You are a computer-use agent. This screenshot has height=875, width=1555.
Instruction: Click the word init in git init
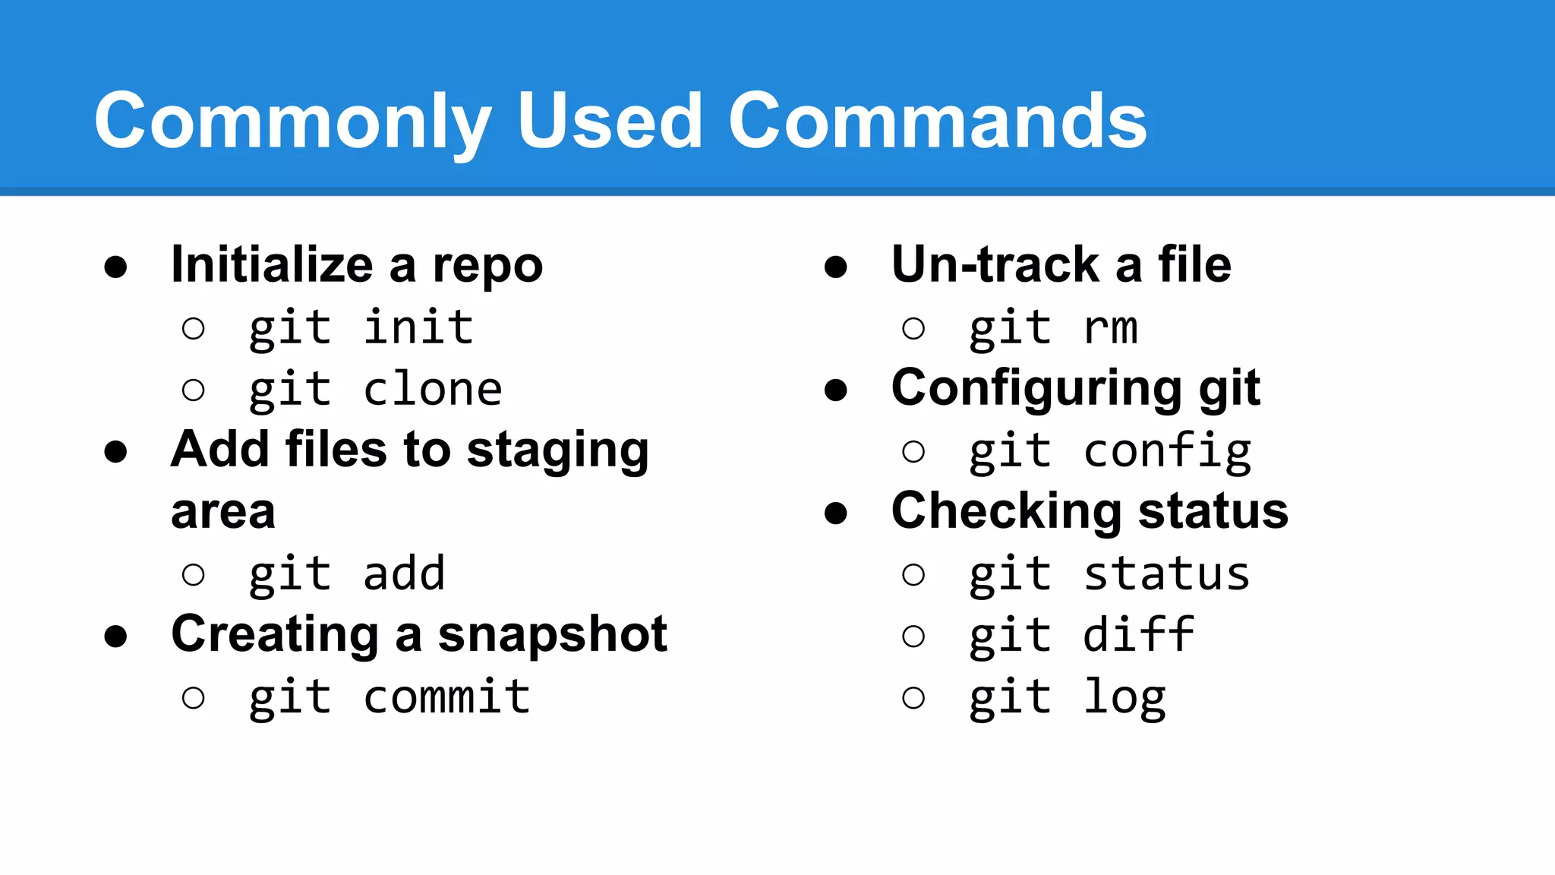coord(418,328)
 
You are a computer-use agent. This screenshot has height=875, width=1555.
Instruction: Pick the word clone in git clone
coord(432,390)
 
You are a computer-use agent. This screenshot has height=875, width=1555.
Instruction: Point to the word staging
coord(557,450)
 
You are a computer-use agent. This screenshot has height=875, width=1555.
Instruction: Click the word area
coord(222,512)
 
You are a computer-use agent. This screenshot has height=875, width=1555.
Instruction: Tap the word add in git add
coord(404,573)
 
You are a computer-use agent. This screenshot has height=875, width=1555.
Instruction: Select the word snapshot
coord(552,634)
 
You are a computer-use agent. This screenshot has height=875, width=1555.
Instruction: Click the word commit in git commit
coord(446,697)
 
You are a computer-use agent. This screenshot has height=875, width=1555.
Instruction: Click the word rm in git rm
coord(1110,328)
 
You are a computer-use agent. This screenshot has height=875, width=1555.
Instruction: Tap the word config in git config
coord(1167,451)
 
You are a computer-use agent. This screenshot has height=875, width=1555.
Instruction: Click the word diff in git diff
coord(1138,635)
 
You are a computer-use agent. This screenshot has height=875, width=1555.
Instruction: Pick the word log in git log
coord(1124,697)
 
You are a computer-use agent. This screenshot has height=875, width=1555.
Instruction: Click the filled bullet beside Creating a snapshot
coord(115,636)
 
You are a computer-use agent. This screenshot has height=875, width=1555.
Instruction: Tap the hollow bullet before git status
coord(913,574)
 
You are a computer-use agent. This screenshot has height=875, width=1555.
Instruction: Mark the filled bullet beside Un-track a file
coord(835,267)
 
